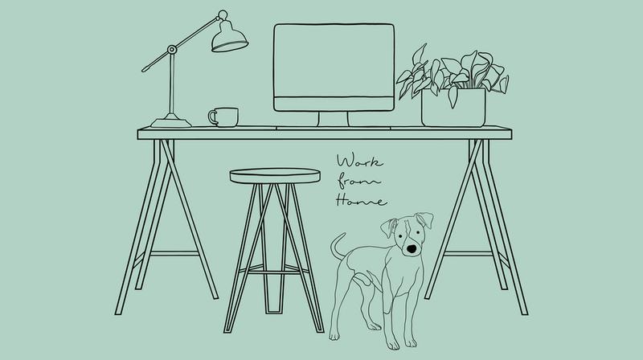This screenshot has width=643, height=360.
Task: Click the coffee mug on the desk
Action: coord(224,117)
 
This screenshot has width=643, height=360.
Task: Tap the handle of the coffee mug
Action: coord(211,117)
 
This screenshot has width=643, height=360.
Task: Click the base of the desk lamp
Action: coord(171,122)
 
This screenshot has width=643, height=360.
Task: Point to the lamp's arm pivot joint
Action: coord(172,50)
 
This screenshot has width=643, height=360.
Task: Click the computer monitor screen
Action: coord(334,61)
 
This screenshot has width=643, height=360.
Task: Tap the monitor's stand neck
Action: coord(334,119)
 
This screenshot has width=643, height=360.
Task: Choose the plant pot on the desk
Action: coord(453,108)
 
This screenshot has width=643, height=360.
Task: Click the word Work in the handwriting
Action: coord(359,162)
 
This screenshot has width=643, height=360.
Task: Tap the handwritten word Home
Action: coord(361,201)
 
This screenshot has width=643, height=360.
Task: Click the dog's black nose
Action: coord(412,248)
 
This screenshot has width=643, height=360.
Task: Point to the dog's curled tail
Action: coord(336,247)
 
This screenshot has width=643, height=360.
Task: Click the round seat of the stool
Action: coord(275,176)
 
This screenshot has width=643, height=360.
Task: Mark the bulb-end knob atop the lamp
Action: coord(223,15)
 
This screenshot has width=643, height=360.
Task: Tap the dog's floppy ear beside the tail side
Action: coord(388,227)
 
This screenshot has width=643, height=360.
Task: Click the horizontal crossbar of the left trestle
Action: coord(174,253)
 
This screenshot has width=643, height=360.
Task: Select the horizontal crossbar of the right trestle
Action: coord(468,253)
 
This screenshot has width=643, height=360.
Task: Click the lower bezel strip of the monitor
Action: coord(334,104)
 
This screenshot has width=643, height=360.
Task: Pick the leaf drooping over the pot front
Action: coord(453,96)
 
